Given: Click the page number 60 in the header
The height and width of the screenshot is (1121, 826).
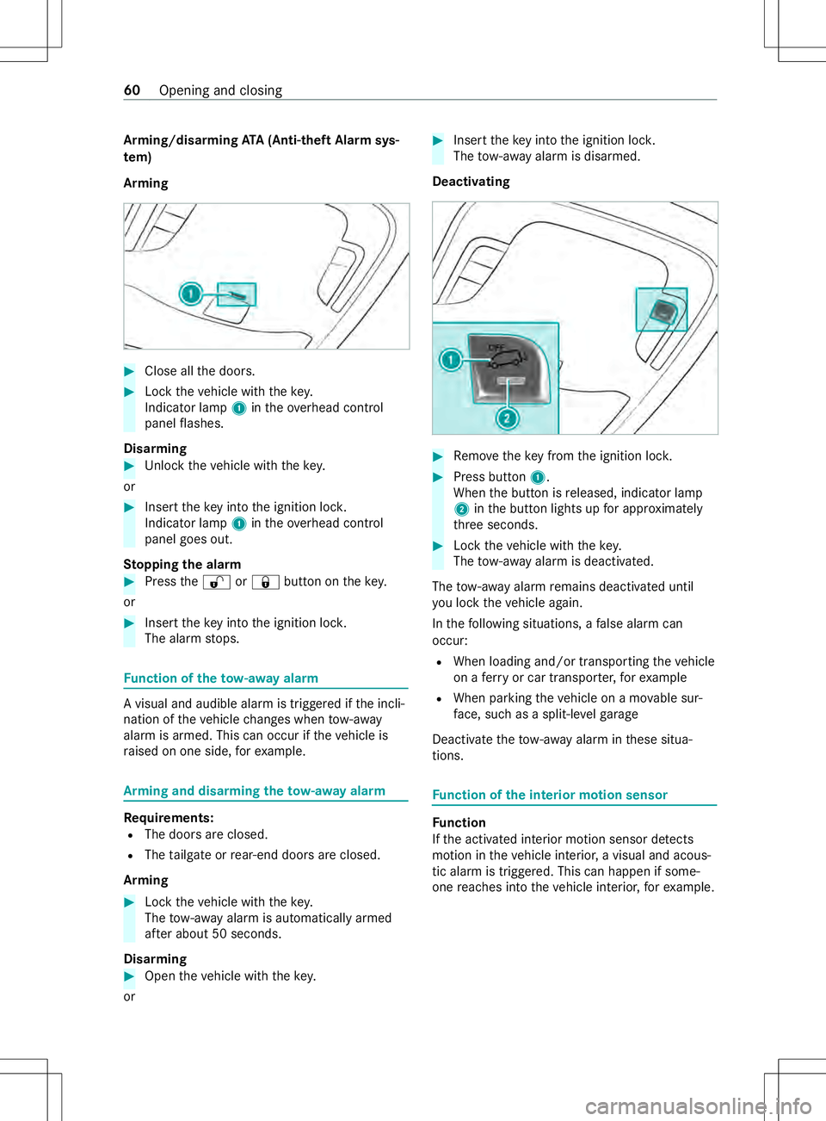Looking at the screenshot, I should (x=132, y=90).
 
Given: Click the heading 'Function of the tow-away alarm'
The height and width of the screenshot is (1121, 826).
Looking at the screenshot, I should (x=221, y=678).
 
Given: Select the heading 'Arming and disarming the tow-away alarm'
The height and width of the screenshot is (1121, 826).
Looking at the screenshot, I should (x=255, y=791).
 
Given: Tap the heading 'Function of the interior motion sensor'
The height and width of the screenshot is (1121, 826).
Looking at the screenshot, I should (x=550, y=796).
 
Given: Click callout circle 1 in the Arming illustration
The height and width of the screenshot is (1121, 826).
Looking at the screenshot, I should (x=190, y=294).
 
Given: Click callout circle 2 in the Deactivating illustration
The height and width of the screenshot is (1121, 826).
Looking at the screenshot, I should (x=507, y=418).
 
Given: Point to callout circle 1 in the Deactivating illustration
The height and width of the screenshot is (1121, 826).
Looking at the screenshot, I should (x=450, y=359).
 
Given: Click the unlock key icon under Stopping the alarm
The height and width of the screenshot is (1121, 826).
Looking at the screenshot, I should (x=216, y=583).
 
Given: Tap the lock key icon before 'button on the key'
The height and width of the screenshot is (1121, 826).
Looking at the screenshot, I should (x=265, y=583).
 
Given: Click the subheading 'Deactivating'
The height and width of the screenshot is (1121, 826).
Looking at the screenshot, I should (x=471, y=182).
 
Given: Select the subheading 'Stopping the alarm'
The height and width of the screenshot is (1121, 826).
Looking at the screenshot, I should (x=182, y=565).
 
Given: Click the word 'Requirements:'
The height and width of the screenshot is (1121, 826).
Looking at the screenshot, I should (x=169, y=818).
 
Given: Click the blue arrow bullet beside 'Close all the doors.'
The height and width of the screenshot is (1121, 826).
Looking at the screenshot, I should (x=130, y=372).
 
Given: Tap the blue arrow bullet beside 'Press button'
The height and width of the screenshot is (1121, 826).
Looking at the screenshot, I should (x=438, y=477).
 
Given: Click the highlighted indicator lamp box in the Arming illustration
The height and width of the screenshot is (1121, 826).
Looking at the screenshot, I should (x=237, y=294).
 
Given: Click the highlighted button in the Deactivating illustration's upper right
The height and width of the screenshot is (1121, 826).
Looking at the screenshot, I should (x=662, y=310).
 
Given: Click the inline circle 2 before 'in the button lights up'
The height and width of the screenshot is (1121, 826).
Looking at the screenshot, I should (x=461, y=510).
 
